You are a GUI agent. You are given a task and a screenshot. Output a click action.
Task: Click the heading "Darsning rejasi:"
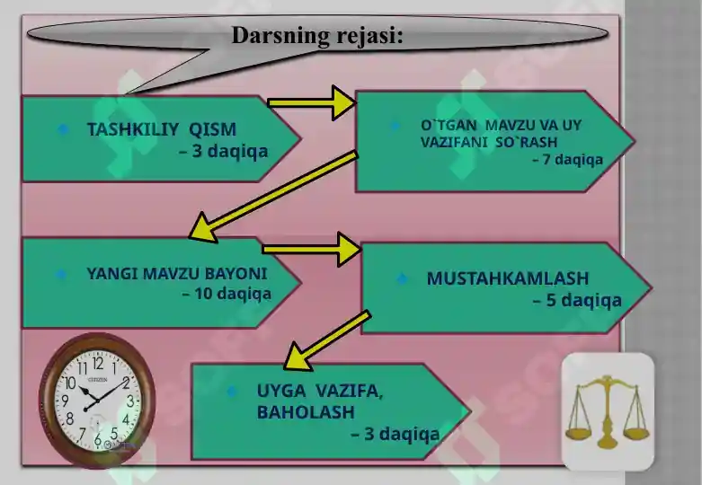(x=317, y=35)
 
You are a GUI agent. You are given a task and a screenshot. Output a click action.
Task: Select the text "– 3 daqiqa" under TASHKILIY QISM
(x=224, y=151)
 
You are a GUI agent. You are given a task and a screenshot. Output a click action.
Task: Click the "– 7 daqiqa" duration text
(x=568, y=159)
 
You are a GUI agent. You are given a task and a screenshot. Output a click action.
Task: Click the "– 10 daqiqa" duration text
(x=227, y=294)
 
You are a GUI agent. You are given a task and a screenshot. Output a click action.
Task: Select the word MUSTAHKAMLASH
(x=508, y=278)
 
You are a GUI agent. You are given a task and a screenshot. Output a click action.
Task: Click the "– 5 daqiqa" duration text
(x=577, y=300)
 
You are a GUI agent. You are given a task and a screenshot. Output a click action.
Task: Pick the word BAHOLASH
(x=306, y=412)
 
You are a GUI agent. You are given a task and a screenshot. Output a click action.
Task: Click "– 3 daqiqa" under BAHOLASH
(x=395, y=434)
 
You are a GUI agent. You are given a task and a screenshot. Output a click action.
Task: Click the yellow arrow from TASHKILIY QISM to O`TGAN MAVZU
(x=312, y=103)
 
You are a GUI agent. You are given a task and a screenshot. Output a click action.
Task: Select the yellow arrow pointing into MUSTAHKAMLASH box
(x=312, y=249)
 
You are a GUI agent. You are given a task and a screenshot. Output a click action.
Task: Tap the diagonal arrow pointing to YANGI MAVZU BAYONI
(x=273, y=197)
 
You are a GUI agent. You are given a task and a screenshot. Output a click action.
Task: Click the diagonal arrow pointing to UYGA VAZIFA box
(x=327, y=340)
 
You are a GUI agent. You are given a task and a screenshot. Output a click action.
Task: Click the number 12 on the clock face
(x=98, y=364)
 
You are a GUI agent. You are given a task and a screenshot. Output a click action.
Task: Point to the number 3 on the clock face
(x=130, y=401)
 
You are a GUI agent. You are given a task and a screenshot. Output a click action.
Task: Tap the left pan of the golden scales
(x=579, y=433)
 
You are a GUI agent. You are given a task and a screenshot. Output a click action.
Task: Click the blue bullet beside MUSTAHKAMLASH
(x=402, y=278)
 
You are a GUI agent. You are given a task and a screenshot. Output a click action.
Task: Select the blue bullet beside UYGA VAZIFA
(x=232, y=392)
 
